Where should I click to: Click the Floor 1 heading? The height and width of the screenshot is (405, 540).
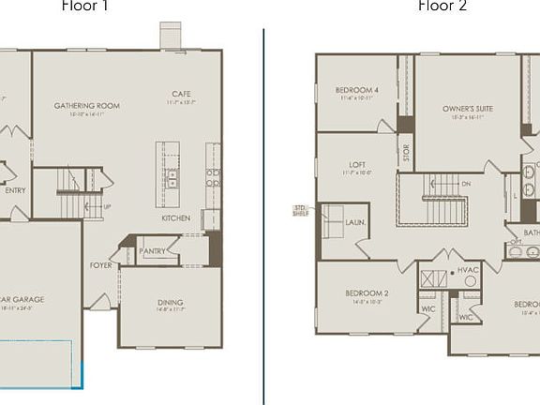85,6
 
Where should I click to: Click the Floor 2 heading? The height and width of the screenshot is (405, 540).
442,6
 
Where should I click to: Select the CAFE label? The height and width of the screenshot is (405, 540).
182,94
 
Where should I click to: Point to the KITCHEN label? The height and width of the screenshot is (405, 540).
175,218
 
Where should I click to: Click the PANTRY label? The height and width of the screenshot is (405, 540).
152,251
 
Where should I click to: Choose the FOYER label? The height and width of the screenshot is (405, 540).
101,265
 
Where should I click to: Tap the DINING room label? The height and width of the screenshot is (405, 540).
171,302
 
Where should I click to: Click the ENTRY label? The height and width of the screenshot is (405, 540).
15,190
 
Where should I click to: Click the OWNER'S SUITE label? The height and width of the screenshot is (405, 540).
468,109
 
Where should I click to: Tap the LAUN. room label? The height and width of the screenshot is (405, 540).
355,223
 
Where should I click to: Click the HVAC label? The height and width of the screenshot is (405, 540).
468,270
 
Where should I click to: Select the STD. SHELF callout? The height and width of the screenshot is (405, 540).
301,210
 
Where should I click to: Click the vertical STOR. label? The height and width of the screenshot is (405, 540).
406,153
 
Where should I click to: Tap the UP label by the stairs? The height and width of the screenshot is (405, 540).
106,206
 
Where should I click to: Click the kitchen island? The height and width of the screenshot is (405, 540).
168,168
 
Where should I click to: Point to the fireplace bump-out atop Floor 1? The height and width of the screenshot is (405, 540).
172,36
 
